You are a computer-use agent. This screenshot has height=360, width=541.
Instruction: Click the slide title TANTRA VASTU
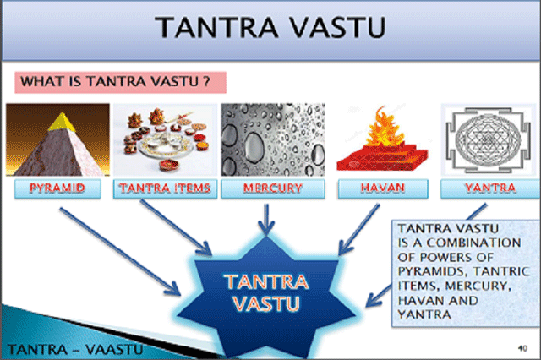270,27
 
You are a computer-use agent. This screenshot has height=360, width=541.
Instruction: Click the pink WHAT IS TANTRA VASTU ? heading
120,83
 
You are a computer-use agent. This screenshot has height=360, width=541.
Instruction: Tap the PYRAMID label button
57,188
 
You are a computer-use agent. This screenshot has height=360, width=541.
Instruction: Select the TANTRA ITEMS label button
165,188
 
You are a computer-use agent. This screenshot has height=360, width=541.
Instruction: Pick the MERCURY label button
272,188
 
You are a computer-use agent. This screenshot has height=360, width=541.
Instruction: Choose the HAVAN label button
383,188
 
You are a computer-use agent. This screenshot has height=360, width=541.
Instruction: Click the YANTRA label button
490,188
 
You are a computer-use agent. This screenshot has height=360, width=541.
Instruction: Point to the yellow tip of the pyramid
62,122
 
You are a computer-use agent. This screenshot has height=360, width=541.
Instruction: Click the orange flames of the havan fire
384,127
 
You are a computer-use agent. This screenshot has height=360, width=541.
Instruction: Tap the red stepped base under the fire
382,157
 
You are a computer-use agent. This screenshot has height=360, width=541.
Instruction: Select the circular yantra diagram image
488,139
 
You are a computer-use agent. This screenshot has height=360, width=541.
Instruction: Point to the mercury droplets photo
273,139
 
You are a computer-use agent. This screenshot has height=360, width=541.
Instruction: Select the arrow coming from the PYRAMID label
120,251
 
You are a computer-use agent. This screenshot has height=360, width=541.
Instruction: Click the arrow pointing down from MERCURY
266,220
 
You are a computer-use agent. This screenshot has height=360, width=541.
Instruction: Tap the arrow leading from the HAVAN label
358,229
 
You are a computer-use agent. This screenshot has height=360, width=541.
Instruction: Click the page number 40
522,348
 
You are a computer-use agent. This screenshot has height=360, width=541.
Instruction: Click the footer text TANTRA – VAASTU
75,350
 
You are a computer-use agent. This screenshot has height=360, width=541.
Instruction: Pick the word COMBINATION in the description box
473,243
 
